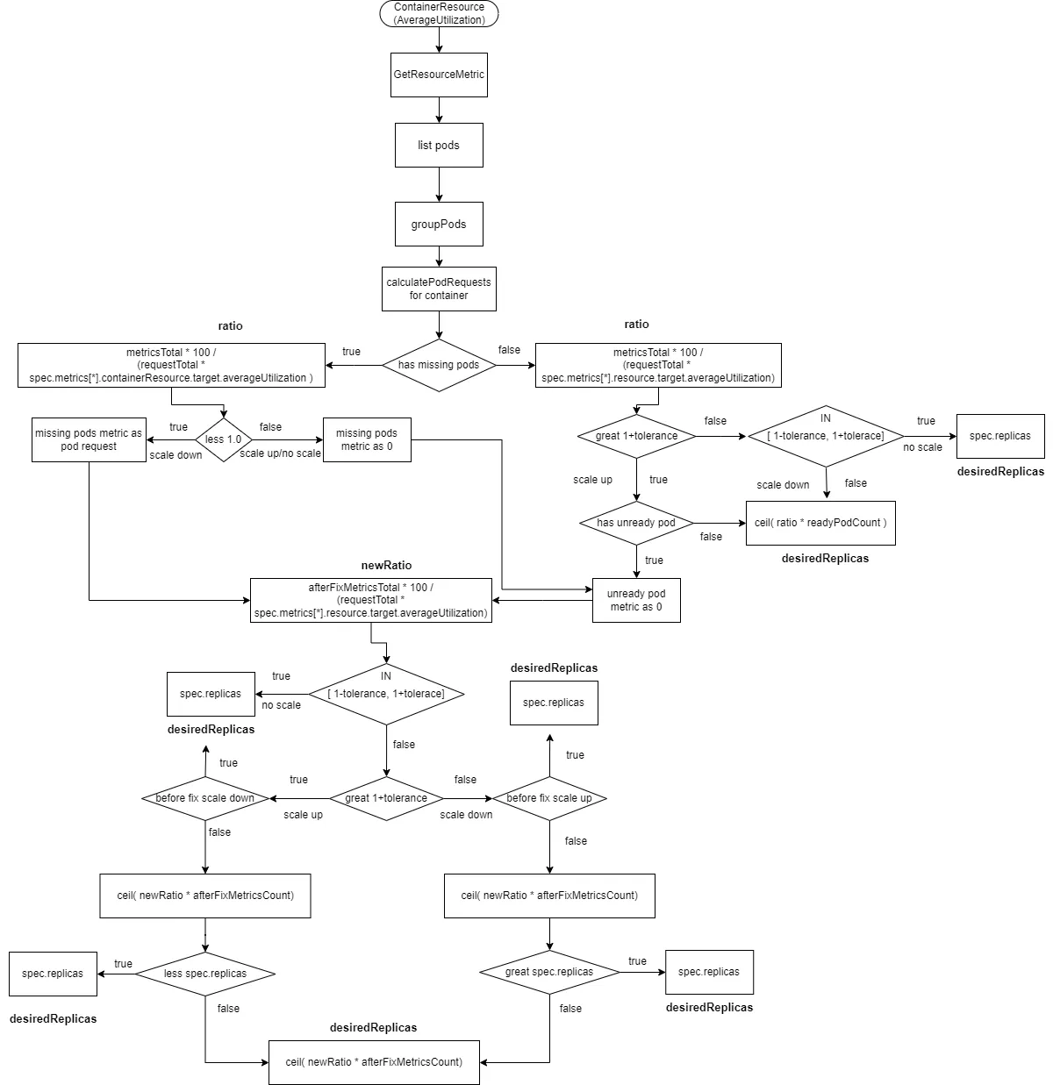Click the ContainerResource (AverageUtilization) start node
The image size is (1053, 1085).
pos(439,13)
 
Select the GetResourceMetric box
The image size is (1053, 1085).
pos(439,75)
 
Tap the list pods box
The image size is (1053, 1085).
pos(439,145)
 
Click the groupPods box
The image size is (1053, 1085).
pos(439,224)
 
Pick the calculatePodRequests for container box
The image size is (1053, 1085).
pos(439,289)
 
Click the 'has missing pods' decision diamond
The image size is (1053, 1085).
pos(439,365)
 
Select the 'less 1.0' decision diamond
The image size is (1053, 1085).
pos(223,439)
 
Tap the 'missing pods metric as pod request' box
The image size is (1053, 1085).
pos(89,439)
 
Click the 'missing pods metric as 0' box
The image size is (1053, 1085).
pos(367,439)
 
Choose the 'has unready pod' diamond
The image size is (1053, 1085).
pos(636,523)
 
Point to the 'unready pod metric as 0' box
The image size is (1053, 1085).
pos(636,600)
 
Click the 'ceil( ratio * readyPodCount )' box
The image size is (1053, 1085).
pos(820,523)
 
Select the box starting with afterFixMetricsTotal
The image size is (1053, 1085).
pos(370,600)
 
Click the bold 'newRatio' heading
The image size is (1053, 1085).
pos(386,566)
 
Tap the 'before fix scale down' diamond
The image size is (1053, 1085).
pos(205,798)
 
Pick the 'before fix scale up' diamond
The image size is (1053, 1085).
pos(549,798)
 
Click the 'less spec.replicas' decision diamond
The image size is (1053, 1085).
pos(205,974)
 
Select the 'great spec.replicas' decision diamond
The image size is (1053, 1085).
pos(549,972)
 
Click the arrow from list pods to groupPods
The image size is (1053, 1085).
pos(439,184)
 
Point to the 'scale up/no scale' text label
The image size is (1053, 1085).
pos(280,453)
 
